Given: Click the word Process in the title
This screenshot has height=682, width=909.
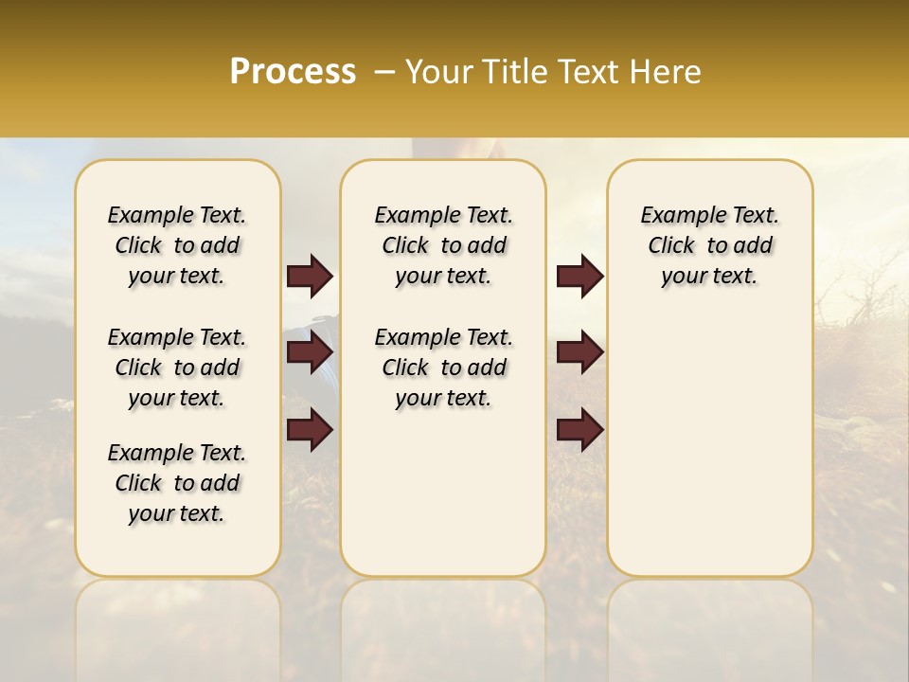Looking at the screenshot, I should [x=293, y=72].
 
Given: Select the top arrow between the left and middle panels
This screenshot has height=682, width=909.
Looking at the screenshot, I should [x=310, y=277].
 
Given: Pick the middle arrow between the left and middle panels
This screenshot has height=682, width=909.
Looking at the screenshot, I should [x=310, y=352].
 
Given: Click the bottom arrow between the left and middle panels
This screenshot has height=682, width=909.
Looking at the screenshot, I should [x=310, y=429].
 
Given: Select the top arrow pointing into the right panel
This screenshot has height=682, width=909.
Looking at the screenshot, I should [x=579, y=277].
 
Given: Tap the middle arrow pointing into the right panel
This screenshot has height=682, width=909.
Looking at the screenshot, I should [x=579, y=352].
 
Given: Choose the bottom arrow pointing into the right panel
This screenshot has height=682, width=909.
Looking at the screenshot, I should [x=579, y=429].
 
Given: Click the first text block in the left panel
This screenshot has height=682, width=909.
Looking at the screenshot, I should [x=177, y=245].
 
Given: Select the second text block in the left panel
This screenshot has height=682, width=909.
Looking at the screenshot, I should [x=177, y=368].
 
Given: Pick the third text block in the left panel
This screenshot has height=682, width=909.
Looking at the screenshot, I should [x=177, y=483].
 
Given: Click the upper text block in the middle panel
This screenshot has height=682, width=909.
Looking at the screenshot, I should [x=443, y=245].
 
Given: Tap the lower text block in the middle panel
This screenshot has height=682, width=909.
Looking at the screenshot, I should [x=443, y=368].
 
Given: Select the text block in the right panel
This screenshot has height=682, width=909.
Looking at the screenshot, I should [x=710, y=245].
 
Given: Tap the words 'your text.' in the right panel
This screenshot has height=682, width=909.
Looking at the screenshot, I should [x=710, y=277].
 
